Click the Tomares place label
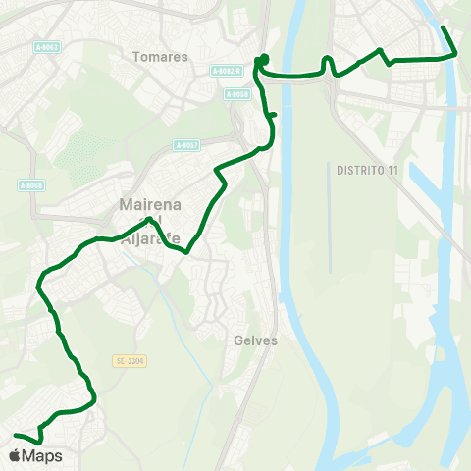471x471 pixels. [x=160, y=57]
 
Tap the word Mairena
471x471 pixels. [x=145, y=205]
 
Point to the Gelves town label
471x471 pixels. [x=257, y=341]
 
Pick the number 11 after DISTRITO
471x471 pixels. [x=392, y=171]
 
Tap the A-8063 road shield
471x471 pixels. [x=45, y=47]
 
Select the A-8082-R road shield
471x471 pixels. [x=226, y=71]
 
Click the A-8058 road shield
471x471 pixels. [x=236, y=94]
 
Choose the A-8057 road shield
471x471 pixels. [x=186, y=145]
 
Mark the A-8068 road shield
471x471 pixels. [x=32, y=185]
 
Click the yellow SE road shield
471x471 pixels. [x=129, y=361]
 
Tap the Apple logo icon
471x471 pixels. [x=15, y=455]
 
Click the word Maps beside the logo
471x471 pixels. [x=42, y=456]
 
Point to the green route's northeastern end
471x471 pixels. [x=443, y=27]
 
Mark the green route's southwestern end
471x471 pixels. [x=15, y=435]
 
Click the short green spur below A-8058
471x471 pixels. [x=272, y=116]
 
